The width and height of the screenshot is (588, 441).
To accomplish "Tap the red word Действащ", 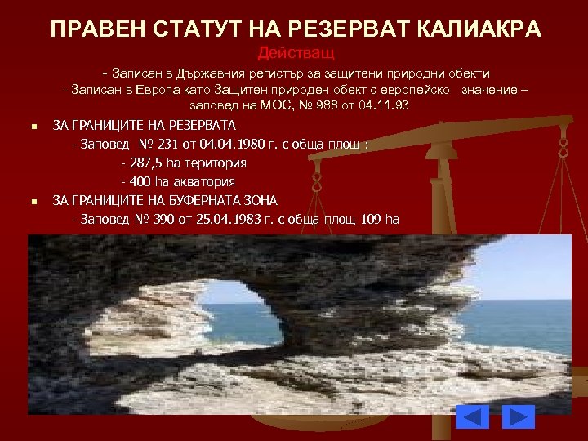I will pos(295,54).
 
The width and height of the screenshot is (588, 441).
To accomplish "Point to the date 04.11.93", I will pos(384,106).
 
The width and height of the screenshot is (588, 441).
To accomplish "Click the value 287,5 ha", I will pos(154,163).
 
